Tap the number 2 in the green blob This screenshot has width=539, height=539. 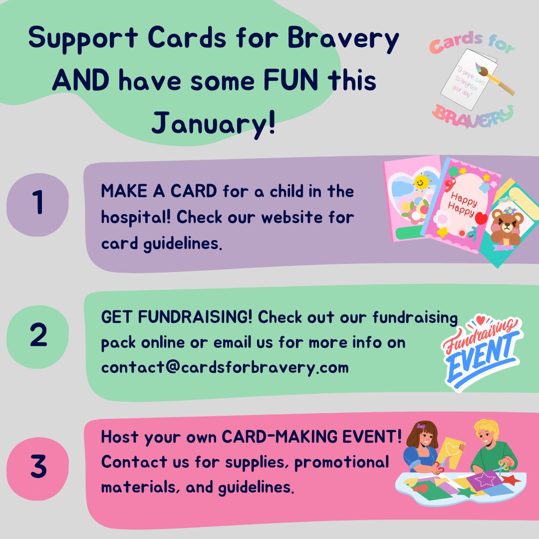click(38, 336)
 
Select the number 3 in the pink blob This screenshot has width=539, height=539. click(38, 467)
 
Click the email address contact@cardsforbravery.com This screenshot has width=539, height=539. click(225, 367)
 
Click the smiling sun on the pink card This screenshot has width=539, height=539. click(422, 183)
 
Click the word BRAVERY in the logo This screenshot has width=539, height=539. click(472, 115)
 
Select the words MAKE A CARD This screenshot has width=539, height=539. click(159, 192)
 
